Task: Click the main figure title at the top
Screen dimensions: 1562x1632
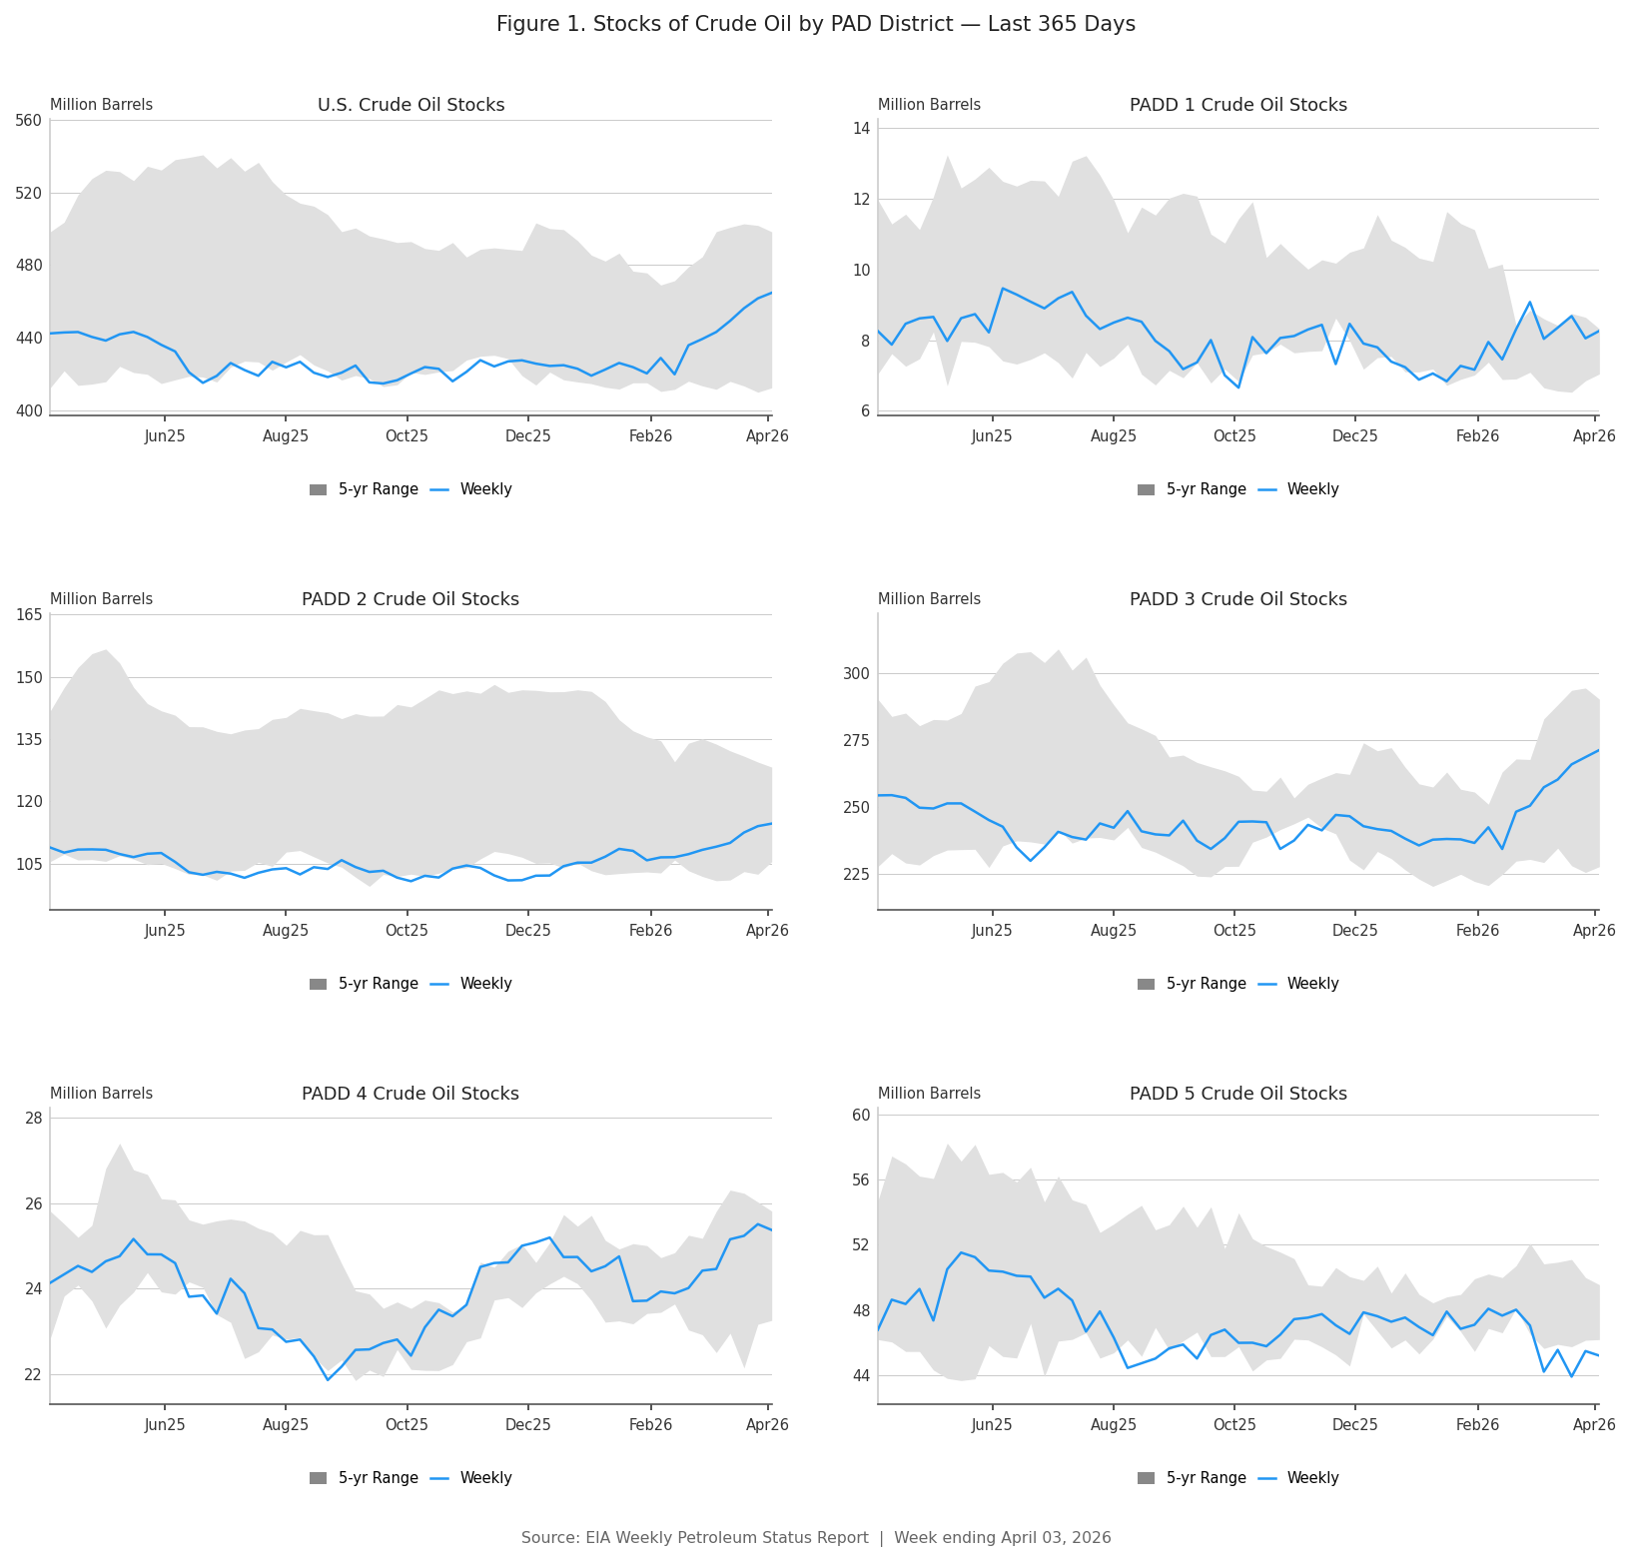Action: (815, 25)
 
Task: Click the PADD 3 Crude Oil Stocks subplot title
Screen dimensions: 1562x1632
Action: (1237, 600)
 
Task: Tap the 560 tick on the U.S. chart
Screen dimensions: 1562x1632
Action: (30, 121)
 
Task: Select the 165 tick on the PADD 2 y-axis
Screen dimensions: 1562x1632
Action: (30, 615)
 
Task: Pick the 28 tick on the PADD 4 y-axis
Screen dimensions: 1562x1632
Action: (34, 1118)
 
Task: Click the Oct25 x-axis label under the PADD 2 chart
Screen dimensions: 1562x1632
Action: (407, 931)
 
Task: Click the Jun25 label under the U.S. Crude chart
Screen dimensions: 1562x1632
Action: (165, 436)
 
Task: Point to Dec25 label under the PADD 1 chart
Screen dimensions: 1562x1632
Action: (1354, 436)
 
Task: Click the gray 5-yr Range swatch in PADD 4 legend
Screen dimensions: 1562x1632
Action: (318, 1478)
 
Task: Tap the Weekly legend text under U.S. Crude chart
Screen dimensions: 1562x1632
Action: (485, 489)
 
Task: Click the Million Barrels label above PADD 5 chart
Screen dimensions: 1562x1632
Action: (929, 1094)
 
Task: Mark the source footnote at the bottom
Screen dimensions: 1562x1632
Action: (815, 1538)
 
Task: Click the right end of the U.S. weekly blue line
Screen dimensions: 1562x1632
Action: (770, 293)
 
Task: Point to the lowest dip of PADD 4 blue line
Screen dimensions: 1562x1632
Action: (328, 1379)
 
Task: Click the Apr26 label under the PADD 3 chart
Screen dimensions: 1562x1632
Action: (1594, 931)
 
